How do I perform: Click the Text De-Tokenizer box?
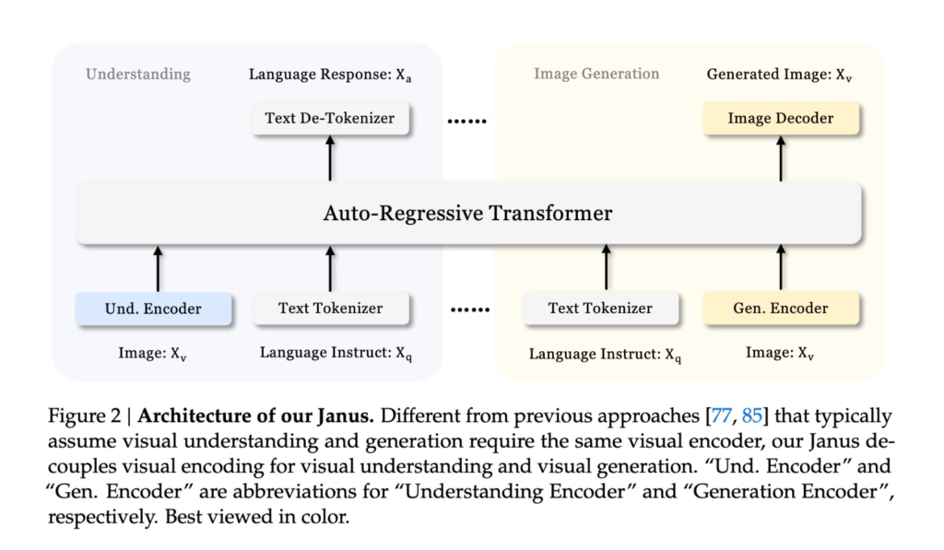[329, 119]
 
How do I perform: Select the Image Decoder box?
[780, 119]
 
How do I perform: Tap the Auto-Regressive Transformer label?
[467, 214]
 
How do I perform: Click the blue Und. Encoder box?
[152, 308]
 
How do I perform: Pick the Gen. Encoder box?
[780, 308]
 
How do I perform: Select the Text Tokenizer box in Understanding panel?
[330, 308]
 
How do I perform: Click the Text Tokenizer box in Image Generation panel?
[600, 308]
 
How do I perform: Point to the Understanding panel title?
[138, 74]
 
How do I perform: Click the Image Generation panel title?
[596, 74]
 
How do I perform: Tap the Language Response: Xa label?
[330, 75]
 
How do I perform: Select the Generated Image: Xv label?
[779, 75]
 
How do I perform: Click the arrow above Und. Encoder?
[158, 267]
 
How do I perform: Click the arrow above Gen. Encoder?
[782, 267]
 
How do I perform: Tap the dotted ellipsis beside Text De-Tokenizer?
[466, 121]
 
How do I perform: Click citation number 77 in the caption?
[720, 415]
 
